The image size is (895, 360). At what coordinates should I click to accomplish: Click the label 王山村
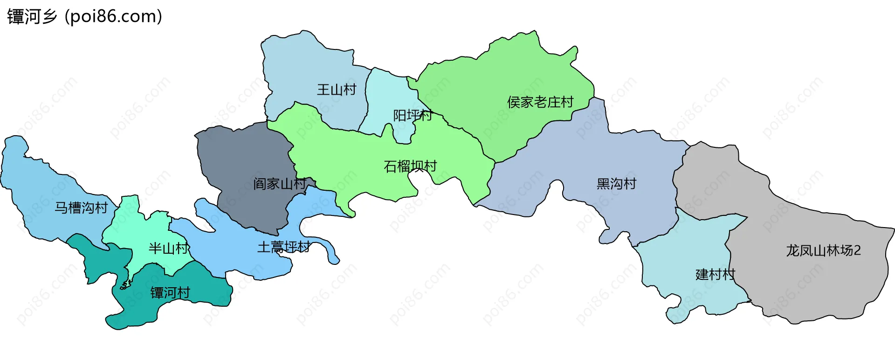(337, 90)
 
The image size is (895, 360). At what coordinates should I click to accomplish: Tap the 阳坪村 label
(413, 115)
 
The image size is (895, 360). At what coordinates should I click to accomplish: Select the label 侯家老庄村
(540, 102)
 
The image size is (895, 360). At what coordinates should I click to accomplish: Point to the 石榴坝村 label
(410, 166)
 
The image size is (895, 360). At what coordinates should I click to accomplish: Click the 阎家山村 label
(280, 184)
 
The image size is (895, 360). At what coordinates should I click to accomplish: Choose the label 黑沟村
(616, 184)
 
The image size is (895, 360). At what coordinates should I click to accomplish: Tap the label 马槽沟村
(81, 208)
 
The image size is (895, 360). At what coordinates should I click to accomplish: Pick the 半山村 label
(169, 248)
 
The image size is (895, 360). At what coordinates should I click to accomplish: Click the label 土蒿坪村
(284, 247)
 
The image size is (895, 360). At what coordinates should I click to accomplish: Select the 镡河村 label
(170, 293)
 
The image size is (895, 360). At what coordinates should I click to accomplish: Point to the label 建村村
(715, 274)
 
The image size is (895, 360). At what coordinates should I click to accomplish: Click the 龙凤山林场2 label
(823, 251)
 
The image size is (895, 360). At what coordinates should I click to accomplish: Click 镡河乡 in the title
(32, 17)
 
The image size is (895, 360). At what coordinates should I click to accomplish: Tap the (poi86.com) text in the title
(113, 17)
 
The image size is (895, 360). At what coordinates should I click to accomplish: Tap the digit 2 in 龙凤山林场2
(857, 251)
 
